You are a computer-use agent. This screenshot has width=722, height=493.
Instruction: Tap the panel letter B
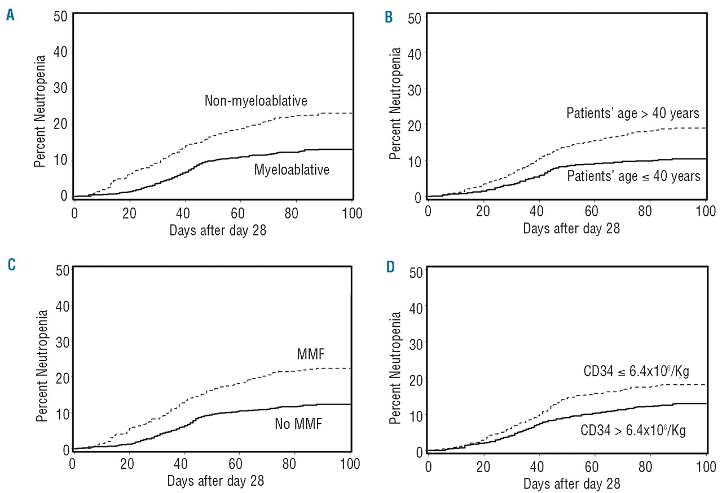coord(389,17)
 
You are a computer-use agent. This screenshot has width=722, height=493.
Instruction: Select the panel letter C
coord(10,265)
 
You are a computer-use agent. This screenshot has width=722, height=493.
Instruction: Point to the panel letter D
coord(389,267)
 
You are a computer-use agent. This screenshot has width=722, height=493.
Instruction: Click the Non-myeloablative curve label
coord(256,101)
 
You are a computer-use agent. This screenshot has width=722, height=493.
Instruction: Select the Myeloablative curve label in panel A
coord(292,170)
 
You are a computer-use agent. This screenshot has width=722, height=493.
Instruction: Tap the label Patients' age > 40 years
coord(633,113)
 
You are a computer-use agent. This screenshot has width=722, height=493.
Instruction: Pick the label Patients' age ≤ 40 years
coord(633,176)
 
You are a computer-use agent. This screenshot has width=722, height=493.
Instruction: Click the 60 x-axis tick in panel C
coord(240,464)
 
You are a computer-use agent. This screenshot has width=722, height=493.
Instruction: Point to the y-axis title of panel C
coord(41,361)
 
